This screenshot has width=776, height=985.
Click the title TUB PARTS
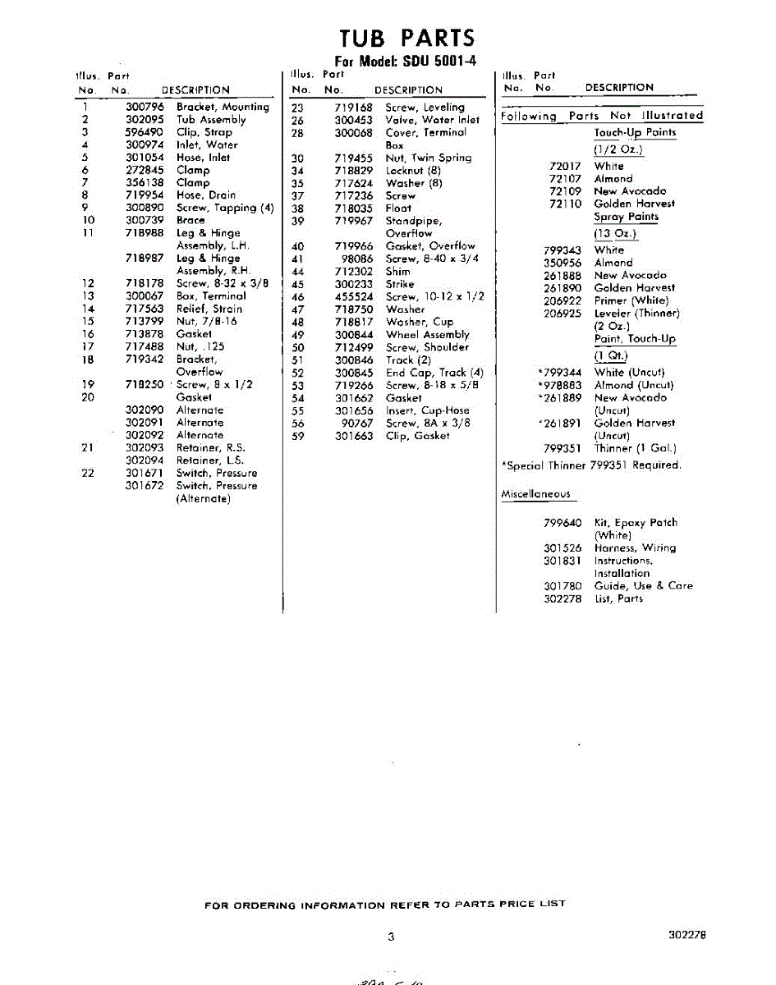pos(406,37)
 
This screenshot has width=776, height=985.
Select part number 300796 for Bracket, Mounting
pos(145,107)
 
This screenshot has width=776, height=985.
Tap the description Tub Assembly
pos(211,119)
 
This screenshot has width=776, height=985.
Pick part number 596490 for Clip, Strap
pos(145,132)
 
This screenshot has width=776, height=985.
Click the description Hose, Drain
pos(205,195)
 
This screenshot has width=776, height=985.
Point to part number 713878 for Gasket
pos(145,334)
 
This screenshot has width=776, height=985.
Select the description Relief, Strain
pos(209,309)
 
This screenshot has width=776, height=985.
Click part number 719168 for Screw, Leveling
pos(354,108)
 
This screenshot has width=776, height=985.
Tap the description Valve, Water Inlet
pos(432,120)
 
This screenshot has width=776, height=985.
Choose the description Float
pos(398,208)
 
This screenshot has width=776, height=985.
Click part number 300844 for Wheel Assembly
pos(354,335)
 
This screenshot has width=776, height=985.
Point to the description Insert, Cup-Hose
pos(426,410)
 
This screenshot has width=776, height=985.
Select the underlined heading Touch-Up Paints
pos(635,133)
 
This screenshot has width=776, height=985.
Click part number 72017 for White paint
pos(565,167)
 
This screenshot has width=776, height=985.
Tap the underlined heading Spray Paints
pos(626,218)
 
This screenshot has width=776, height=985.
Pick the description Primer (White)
pos(631,300)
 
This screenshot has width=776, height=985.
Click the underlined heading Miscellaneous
pos(535,494)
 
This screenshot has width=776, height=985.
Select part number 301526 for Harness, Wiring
pos(562,548)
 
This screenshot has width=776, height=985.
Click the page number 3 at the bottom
pos(391,937)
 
